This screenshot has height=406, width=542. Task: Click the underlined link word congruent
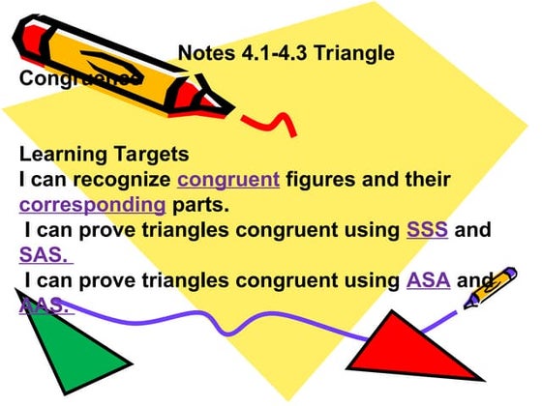click(x=228, y=180)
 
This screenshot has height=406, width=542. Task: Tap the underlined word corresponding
click(x=92, y=205)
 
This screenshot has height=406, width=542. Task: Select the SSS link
click(x=427, y=231)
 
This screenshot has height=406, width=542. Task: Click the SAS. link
click(x=45, y=256)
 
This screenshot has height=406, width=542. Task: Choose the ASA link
click(x=428, y=281)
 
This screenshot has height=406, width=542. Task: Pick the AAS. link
click(x=45, y=305)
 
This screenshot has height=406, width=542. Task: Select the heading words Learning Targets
click(x=104, y=155)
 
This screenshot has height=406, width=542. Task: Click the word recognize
click(x=124, y=180)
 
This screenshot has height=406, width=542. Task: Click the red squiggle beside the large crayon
click(x=272, y=121)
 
